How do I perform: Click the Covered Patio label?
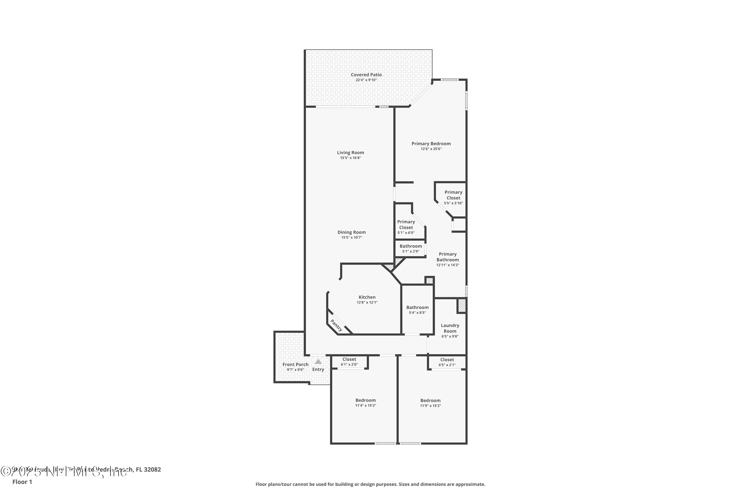tap(366, 75)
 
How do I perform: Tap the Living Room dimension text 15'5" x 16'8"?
tap(350, 158)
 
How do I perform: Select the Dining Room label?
tap(351, 232)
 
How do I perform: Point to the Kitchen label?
tap(367, 297)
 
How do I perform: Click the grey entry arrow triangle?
tap(318, 362)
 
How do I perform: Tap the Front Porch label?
tap(295, 365)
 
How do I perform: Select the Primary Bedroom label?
tap(431, 144)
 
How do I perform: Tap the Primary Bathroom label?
tap(447, 257)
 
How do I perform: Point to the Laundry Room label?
tap(450, 328)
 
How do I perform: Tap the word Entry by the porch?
tap(318, 370)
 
